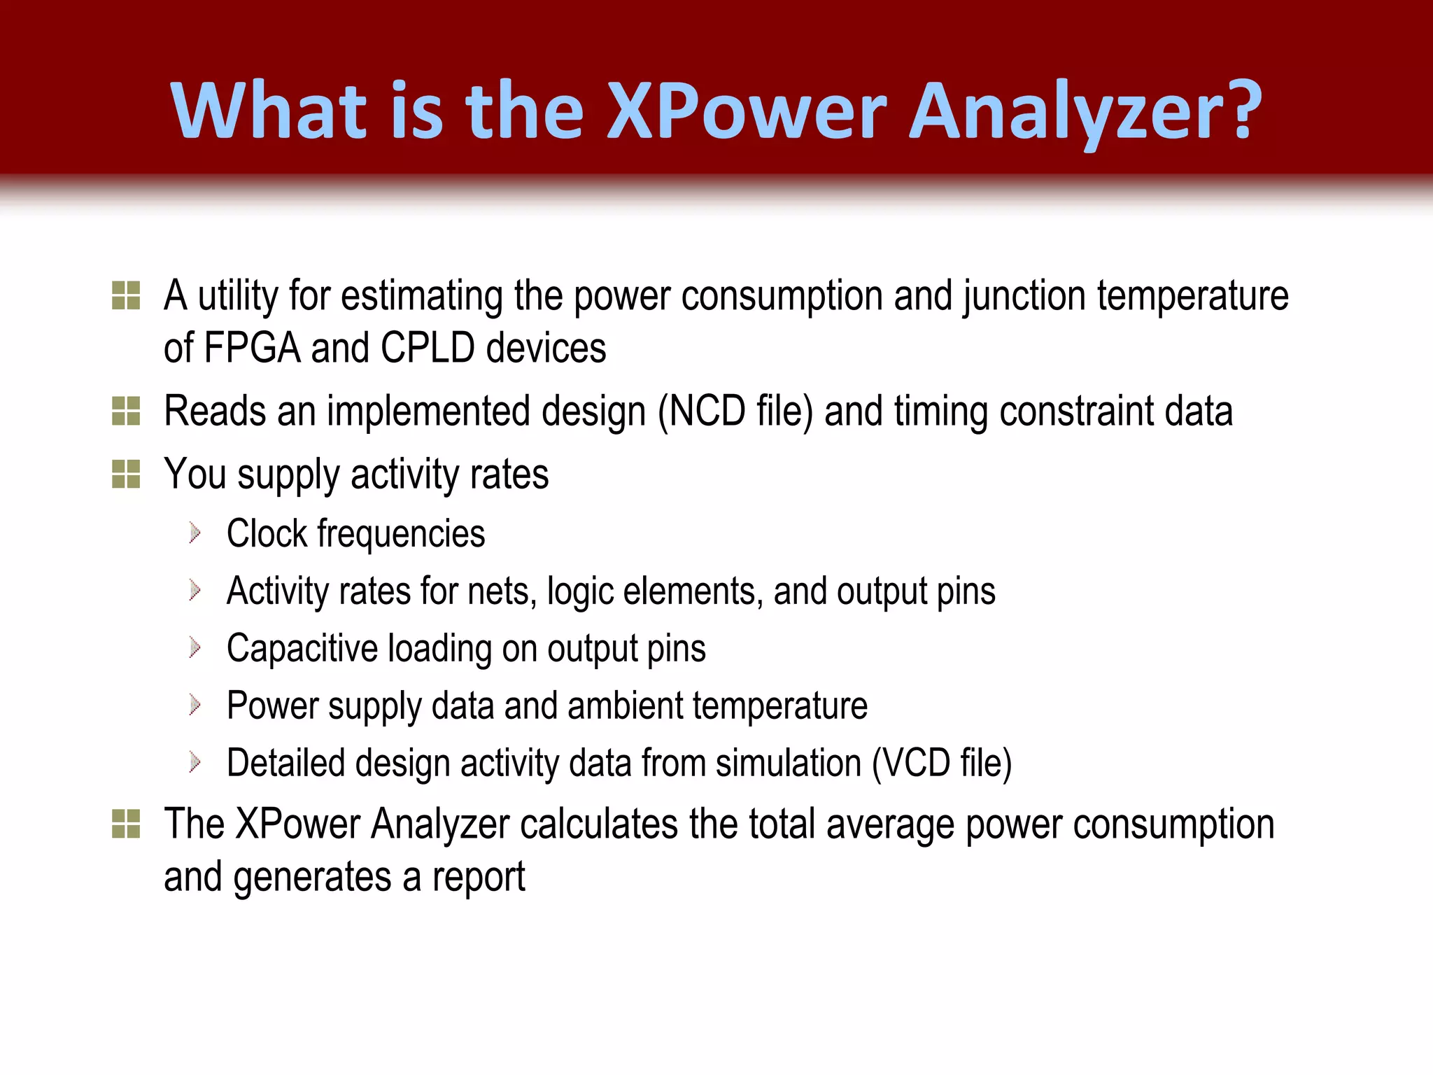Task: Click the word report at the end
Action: [479, 877]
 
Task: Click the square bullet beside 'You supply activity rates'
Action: [126, 474]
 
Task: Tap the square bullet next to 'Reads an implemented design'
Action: [126, 411]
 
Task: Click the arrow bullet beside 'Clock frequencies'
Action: [195, 534]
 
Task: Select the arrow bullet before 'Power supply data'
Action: [195, 705]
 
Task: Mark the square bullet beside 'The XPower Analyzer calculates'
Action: [126, 824]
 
